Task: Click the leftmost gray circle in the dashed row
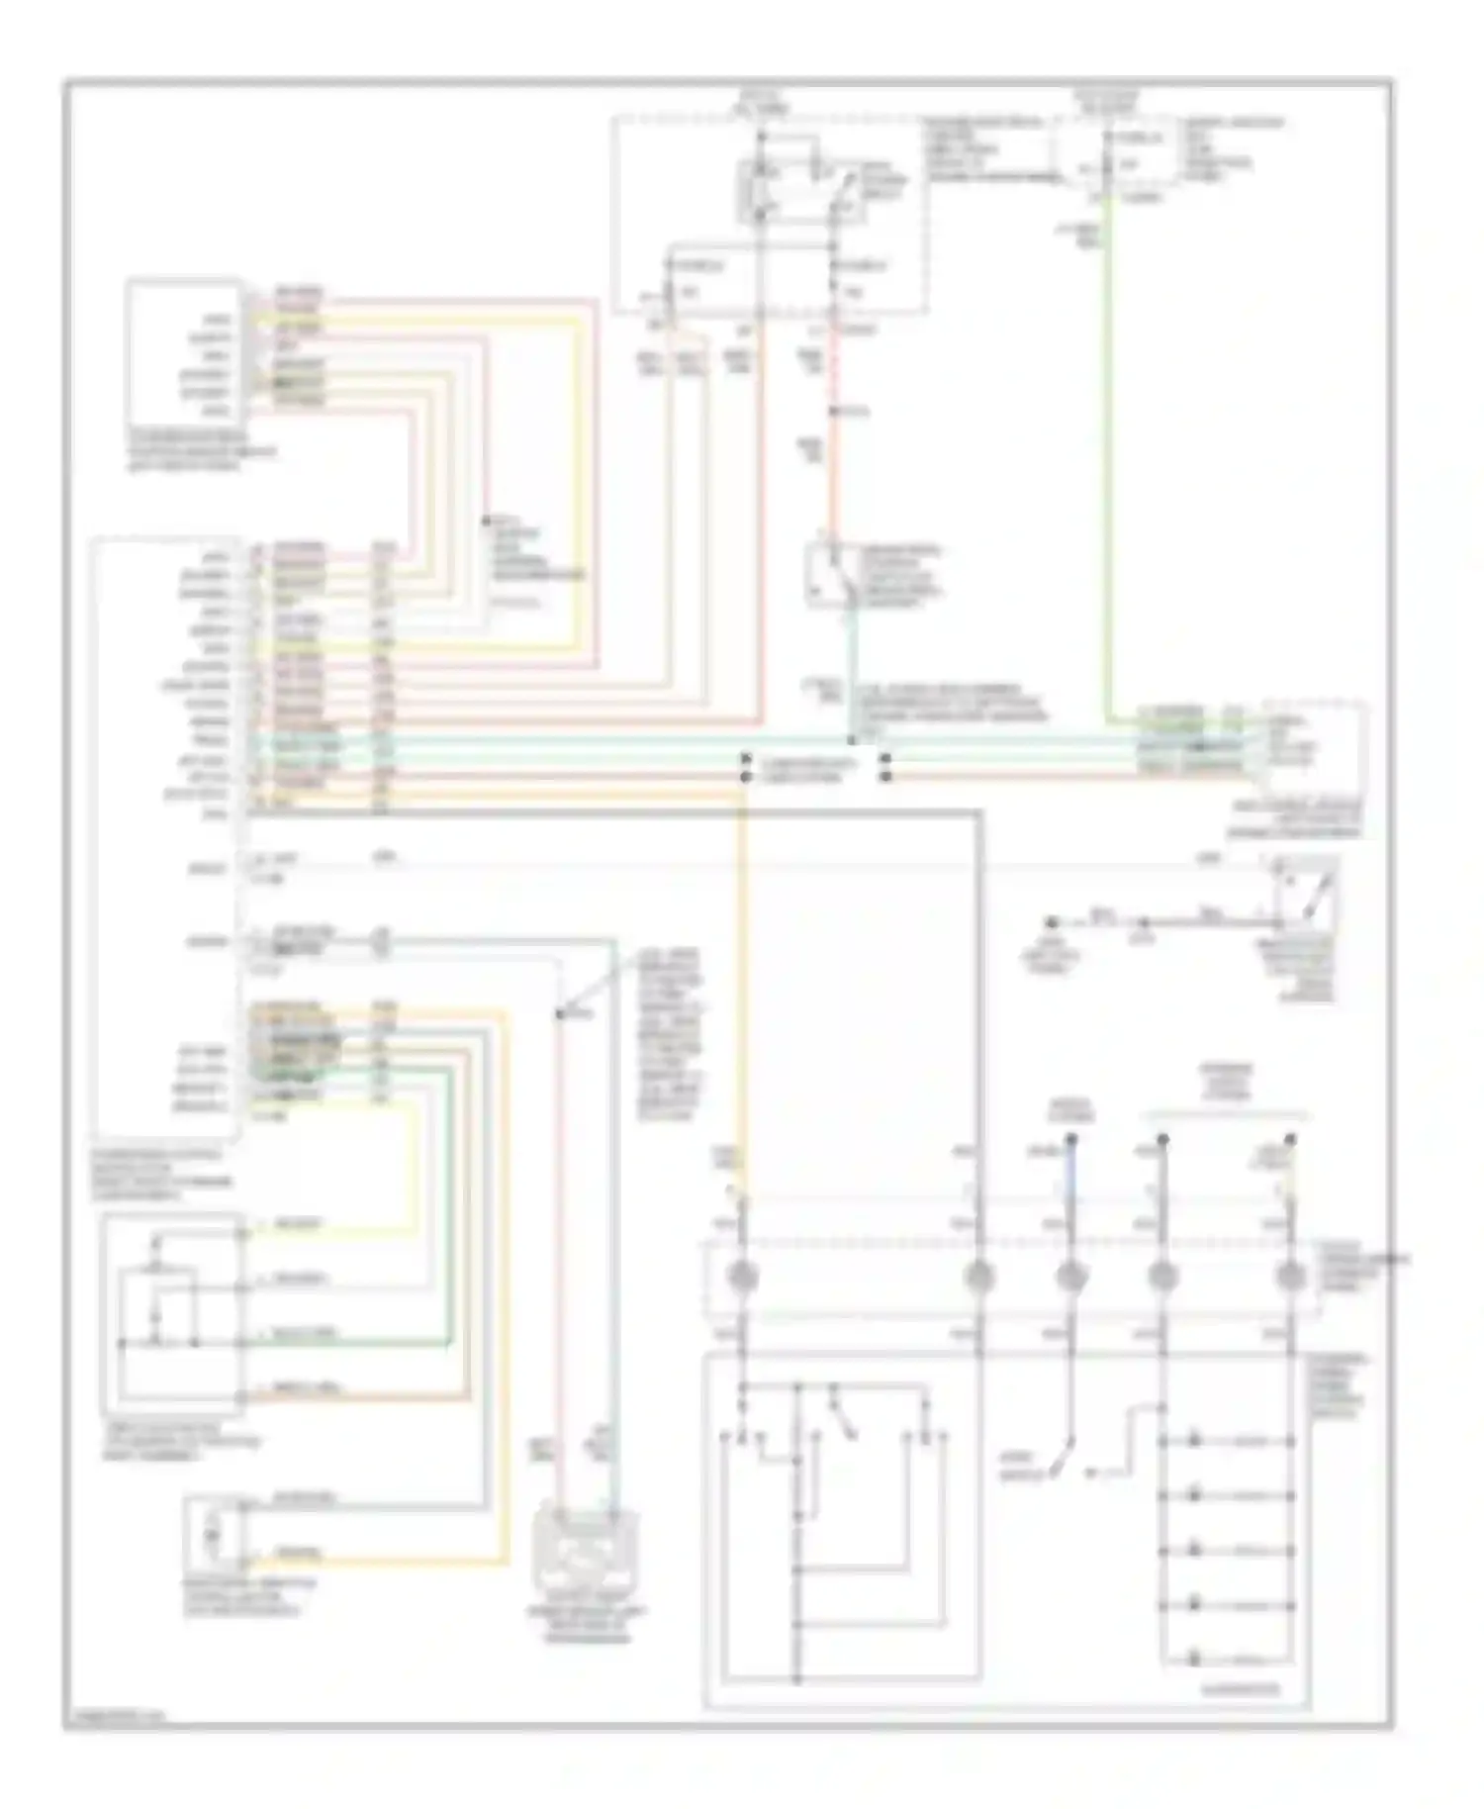tap(743, 1278)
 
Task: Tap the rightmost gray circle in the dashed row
tap(1288, 1278)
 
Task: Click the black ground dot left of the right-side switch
tap(1057, 921)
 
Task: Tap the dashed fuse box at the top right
tap(1116, 150)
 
